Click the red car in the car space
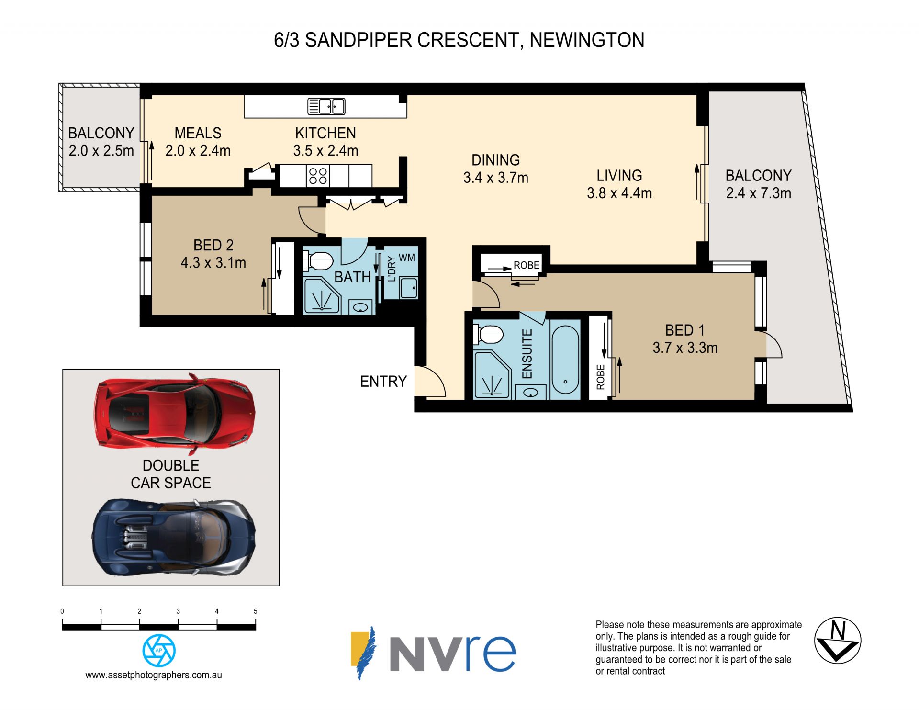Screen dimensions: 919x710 pyautogui.click(x=175, y=415)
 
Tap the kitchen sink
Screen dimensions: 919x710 pyautogui.click(x=326, y=106)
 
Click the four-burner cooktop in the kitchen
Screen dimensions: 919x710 pyautogui.click(x=318, y=176)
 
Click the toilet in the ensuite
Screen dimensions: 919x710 pyautogui.click(x=488, y=334)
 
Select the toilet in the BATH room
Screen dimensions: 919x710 pyautogui.click(x=318, y=261)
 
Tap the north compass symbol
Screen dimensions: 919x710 pyautogui.click(x=838, y=640)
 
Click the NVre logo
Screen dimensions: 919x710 pyautogui.click(x=433, y=653)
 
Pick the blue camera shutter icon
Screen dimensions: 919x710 pyautogui.click(x=159, y=650)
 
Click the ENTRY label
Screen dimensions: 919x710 pyautogui.click(x=383, y=382)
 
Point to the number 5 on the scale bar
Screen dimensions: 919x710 pyautogui.click(x=256, y=611)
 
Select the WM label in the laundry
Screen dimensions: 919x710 pyautogui.click(x=407, y=258)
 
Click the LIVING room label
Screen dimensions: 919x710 pyautogui.click(x=619, y=175)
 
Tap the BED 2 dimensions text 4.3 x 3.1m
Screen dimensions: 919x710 pyautogui.click(x=213, y=263)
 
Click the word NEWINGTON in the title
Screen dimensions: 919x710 pyautogui.click(x=587, y=40)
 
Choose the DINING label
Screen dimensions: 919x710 pyautogui.click(x=496, y=160)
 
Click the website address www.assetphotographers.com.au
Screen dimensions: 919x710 pyautogui.click(x=154, y=675)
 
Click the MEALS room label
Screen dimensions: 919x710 pyautogui.click(x=198, y=133)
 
